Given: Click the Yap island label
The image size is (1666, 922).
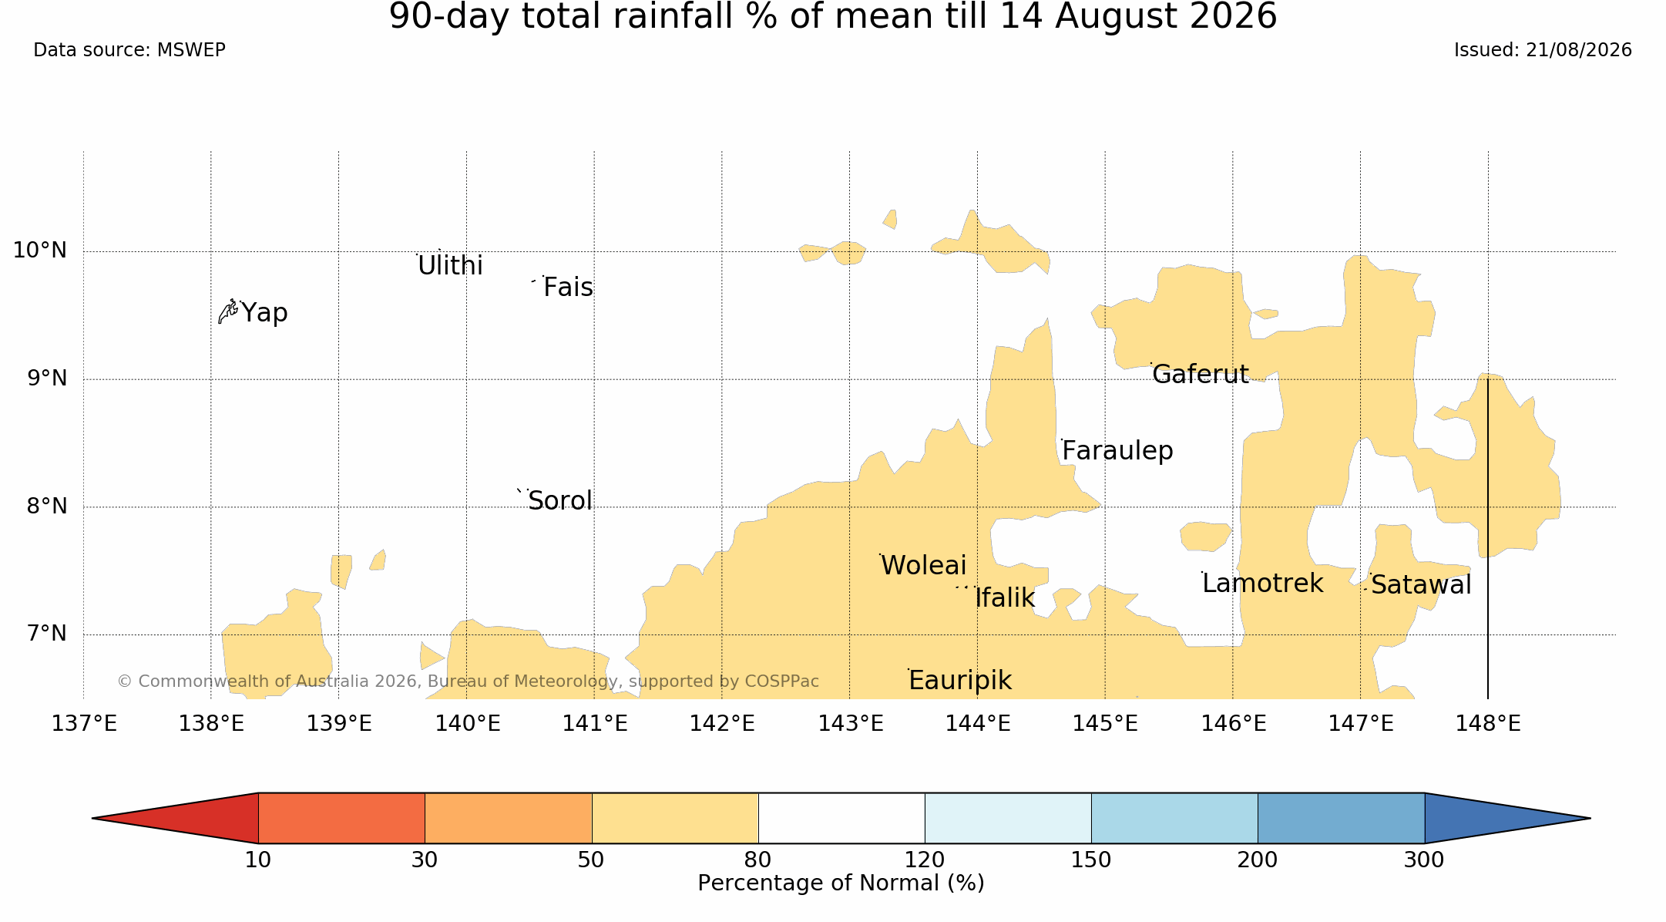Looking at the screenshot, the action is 264,313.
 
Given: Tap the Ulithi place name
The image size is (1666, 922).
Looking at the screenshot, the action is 450,266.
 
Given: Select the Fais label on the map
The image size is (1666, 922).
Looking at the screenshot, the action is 568,288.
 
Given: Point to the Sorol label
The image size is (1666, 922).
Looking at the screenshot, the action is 560,501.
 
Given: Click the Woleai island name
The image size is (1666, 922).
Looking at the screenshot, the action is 923,566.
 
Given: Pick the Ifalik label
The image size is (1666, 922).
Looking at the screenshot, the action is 1005,597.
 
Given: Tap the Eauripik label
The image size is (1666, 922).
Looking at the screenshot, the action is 960,681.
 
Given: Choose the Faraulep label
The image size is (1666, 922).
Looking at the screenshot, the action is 1117,451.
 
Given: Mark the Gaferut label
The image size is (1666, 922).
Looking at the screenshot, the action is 1201,375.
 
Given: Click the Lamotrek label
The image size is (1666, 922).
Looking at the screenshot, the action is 1262,584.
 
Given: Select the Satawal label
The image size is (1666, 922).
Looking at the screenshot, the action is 1421,585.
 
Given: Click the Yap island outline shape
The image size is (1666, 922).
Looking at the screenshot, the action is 227,311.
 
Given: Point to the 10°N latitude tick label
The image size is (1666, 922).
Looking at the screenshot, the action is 40,251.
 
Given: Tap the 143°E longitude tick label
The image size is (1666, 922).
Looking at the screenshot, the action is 850,724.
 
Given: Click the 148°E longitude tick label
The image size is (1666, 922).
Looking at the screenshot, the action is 1488,724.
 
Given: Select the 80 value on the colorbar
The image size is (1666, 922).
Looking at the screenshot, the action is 758,860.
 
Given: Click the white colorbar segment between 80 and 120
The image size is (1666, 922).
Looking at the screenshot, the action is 841,818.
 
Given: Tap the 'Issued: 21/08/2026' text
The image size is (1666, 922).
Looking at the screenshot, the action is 1543,50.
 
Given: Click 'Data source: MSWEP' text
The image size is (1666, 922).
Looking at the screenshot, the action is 129,50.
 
